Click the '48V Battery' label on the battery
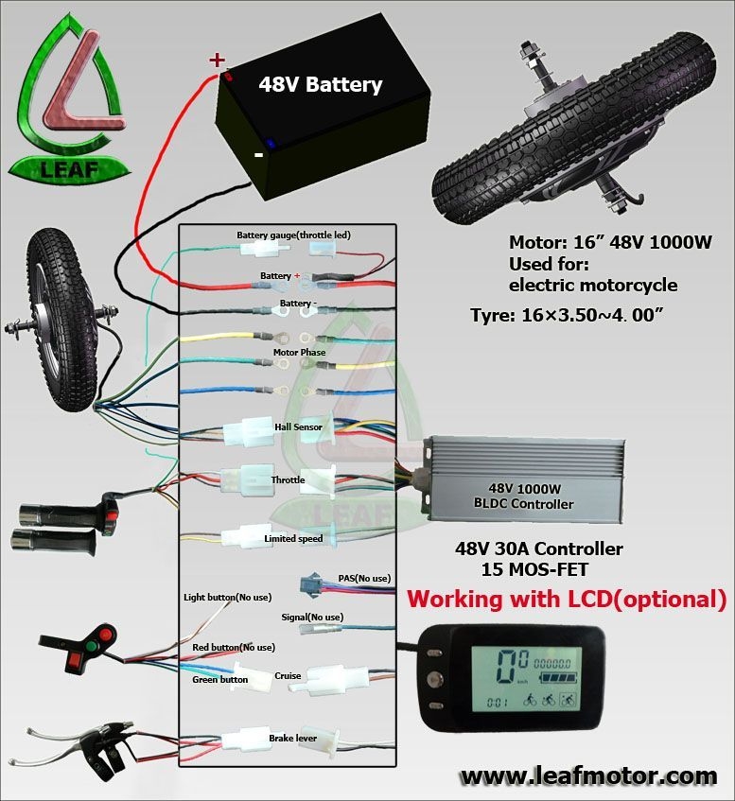click(x=321, y=85)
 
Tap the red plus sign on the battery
click(x=217, y=60)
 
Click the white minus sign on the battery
click(x=258, y=155)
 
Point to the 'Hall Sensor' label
click(x=298, y=427)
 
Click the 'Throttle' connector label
click(x=288, y=480)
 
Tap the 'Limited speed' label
click(x=293, y=539)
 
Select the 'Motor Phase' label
click(x=299, y=353)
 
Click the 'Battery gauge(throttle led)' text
click(x=293, y=235)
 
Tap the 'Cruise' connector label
click(x=288, y=676)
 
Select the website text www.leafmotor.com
click(x=588, y=776)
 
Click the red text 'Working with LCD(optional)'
click(x=566, y=600)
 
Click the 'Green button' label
click(x=219, y=679)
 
